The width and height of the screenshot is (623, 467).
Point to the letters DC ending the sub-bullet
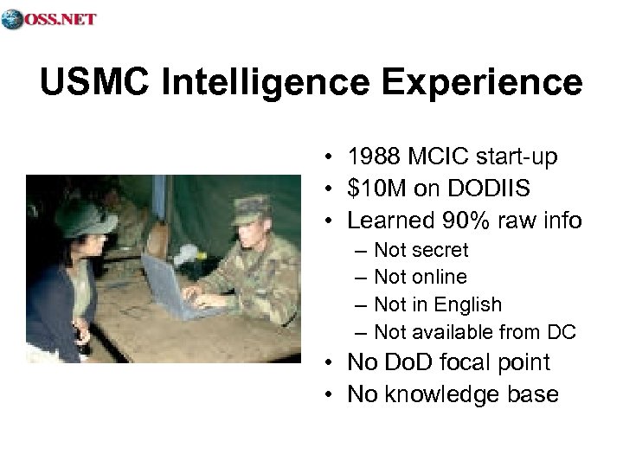tap(562, 332)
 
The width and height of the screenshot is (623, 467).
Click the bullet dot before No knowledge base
tap(332, 395)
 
